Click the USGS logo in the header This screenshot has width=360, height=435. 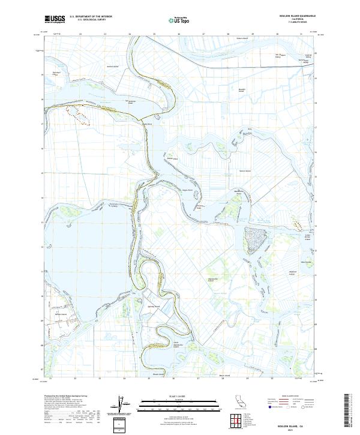click(55, 20)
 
